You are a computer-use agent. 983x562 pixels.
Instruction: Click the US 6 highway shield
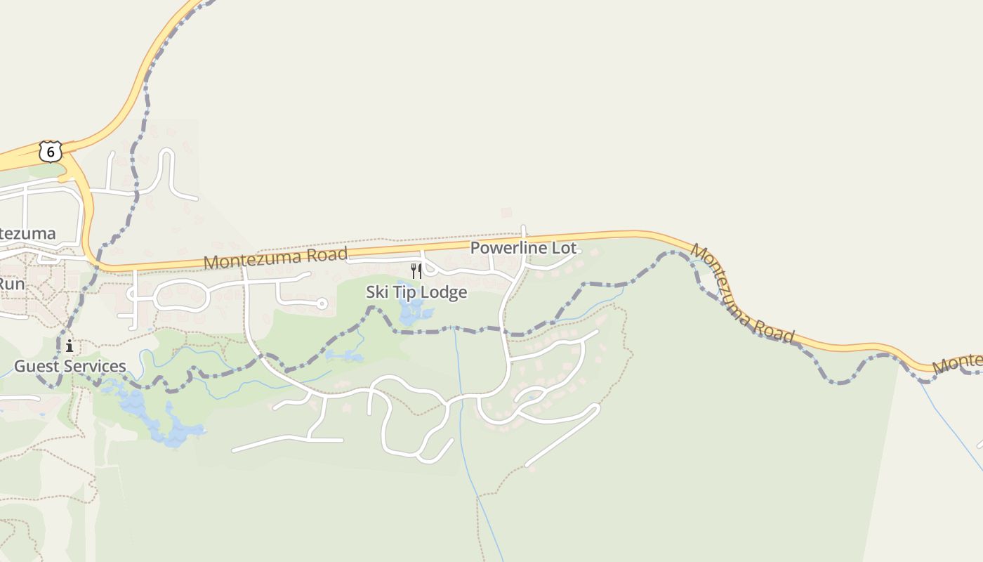tap(50, 151)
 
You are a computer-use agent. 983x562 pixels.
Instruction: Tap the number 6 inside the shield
tap(50, 151)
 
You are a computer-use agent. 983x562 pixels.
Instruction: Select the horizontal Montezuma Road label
tap(275, 258)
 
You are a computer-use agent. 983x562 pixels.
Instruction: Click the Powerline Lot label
tap(523, 248)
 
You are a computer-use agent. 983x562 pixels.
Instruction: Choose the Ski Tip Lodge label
tap(416, 292)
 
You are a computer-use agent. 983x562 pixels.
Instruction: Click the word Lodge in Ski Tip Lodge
tap(444, 292)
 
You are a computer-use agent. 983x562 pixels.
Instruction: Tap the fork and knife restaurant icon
tap(416, 271)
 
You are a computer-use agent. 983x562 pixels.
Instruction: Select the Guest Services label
tap(70, 366)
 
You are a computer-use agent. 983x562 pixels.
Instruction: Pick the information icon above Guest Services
tap(70, 346)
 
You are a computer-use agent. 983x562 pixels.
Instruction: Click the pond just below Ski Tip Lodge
tap(411, 311)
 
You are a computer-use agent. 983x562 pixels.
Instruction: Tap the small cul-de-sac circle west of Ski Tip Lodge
tap(322, 303)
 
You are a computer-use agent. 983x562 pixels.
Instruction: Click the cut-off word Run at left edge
tap(12, 285)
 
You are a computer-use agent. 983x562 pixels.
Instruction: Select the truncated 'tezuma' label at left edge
tap(27, 234)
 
